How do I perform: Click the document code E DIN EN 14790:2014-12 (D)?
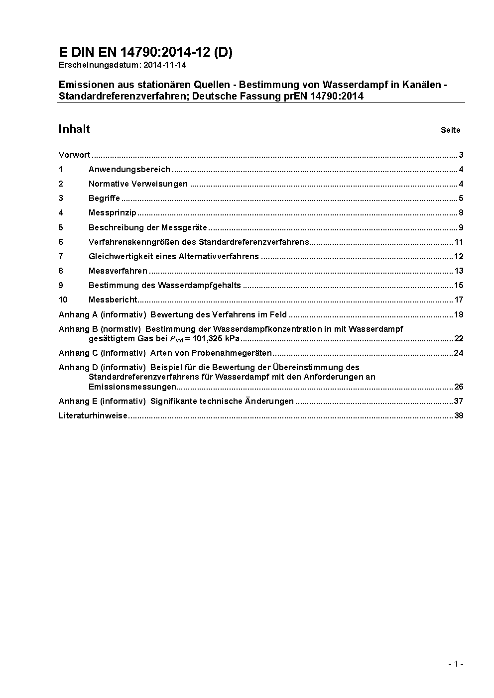145,52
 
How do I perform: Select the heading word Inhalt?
74,129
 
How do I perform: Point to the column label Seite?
450,130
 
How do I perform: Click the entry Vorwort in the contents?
74,155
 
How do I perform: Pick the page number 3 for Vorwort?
461,155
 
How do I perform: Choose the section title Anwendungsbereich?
129,169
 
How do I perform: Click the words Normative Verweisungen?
138,184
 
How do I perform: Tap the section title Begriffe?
104,198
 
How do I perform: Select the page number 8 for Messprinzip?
461,213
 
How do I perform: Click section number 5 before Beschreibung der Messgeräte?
61,227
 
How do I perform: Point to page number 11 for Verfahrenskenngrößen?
459,242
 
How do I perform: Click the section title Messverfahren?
118,271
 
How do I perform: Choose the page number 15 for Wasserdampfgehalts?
459,285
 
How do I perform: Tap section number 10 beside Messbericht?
63,299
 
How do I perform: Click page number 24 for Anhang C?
459,353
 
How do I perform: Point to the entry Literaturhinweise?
93,415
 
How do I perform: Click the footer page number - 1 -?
456,664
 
